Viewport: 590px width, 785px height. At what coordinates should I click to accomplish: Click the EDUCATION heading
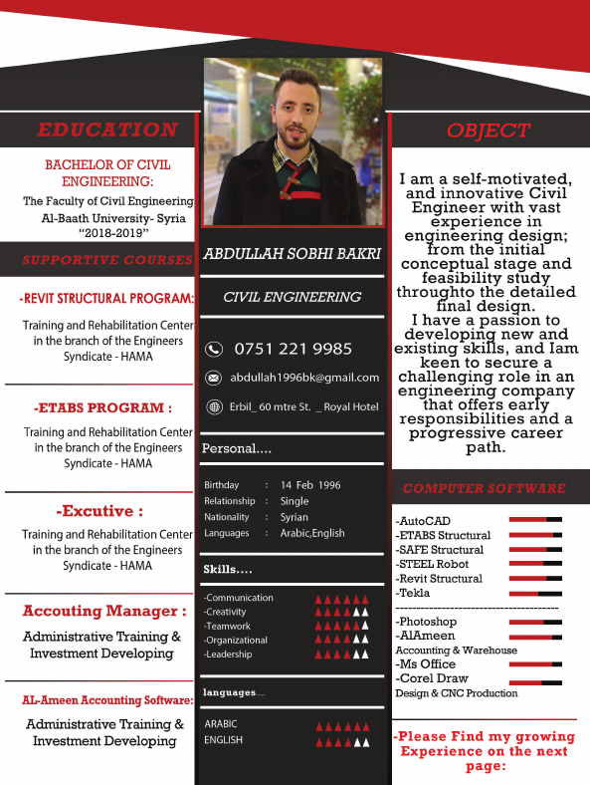107,130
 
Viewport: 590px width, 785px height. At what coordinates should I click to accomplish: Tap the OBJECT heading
489,131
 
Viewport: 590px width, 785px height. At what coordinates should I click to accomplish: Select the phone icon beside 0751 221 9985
213,349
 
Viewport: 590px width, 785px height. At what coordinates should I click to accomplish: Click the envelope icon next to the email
213,379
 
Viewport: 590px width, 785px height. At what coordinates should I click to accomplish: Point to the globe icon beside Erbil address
213,406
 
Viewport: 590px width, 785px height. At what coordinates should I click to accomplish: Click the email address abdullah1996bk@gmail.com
304,378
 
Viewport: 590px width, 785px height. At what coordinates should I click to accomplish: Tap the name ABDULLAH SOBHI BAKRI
293,254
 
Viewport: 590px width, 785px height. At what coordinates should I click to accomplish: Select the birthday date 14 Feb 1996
310,485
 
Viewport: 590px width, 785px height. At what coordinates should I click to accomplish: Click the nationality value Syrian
295,517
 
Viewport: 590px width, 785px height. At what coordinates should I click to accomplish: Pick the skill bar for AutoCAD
535,520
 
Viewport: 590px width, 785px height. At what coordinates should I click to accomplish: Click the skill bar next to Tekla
535,593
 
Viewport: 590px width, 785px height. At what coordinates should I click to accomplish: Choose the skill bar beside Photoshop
535,622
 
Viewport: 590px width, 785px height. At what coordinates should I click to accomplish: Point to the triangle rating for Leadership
341,654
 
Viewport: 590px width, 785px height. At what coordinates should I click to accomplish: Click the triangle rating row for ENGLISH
341,742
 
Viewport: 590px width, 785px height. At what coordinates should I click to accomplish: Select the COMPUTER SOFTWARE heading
485,488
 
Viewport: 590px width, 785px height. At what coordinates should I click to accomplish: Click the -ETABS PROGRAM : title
102,407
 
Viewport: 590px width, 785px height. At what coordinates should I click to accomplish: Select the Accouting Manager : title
104,611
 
